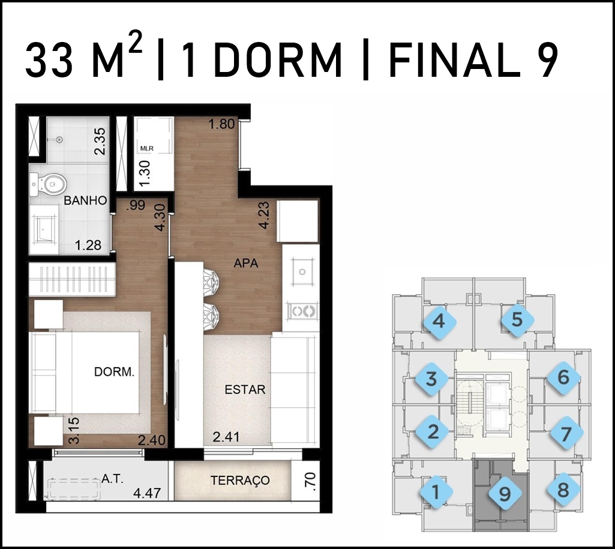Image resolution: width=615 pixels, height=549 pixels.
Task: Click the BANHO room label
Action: point(85,200)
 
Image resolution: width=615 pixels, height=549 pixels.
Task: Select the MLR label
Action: point(146,149)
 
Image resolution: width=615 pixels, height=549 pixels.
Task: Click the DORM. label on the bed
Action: point(114,372)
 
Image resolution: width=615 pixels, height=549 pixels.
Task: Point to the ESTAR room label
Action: point(245,389)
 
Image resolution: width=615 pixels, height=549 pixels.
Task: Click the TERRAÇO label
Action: point(240,480)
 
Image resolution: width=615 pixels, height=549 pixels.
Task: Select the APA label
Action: point(246,263)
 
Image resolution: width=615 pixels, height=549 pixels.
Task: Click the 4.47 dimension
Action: point(147,493)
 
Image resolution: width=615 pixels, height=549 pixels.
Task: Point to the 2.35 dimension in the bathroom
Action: point(100,141)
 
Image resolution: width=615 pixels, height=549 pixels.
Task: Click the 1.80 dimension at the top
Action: point(221,124)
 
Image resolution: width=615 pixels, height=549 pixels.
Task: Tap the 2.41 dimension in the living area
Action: point(226,436)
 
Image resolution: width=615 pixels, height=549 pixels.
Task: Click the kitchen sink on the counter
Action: point(302,272)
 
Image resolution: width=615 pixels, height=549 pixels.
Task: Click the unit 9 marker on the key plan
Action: point(505,494)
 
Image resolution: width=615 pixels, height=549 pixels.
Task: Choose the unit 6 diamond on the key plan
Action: point(563,377)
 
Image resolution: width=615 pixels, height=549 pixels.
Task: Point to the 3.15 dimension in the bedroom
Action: point(74,431)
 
